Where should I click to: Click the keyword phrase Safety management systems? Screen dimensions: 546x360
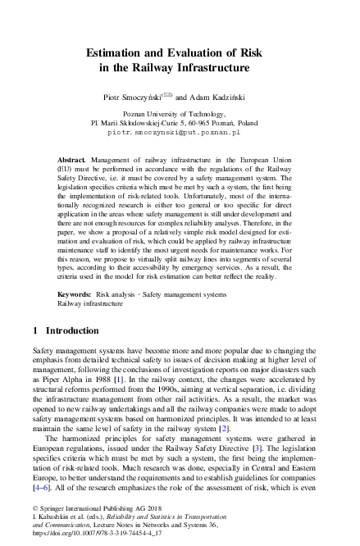pyautogui.click(x=185, y=293)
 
